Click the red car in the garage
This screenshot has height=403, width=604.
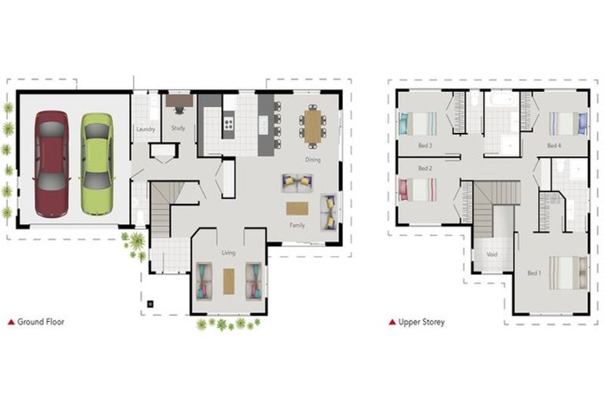point(52,164)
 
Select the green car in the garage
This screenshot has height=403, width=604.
point(97,164)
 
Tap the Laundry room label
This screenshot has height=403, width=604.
point(145,129)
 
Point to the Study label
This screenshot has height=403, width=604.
point(178,128)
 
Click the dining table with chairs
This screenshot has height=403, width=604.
point(312,126)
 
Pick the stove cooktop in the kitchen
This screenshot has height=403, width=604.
point(228,124)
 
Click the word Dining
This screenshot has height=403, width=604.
point(313,160)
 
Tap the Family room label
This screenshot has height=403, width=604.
point(297,225)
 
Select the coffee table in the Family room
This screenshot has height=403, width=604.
point(297,209)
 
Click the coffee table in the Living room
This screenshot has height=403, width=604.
point(229,281)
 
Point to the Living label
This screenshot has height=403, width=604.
point(228,253)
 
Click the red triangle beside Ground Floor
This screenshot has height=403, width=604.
point(11,322)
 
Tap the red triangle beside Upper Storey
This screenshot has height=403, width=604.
point(392,322)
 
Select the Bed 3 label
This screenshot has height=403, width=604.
point(425,146)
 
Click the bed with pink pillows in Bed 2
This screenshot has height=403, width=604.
point(418,190)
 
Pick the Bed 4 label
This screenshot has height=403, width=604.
point(554,146)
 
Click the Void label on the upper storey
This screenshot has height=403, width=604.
point(492,254)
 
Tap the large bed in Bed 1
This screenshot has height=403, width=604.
point(568,273)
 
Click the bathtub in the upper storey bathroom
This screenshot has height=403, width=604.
point(503,100)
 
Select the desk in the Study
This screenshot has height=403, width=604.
point(179,101)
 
